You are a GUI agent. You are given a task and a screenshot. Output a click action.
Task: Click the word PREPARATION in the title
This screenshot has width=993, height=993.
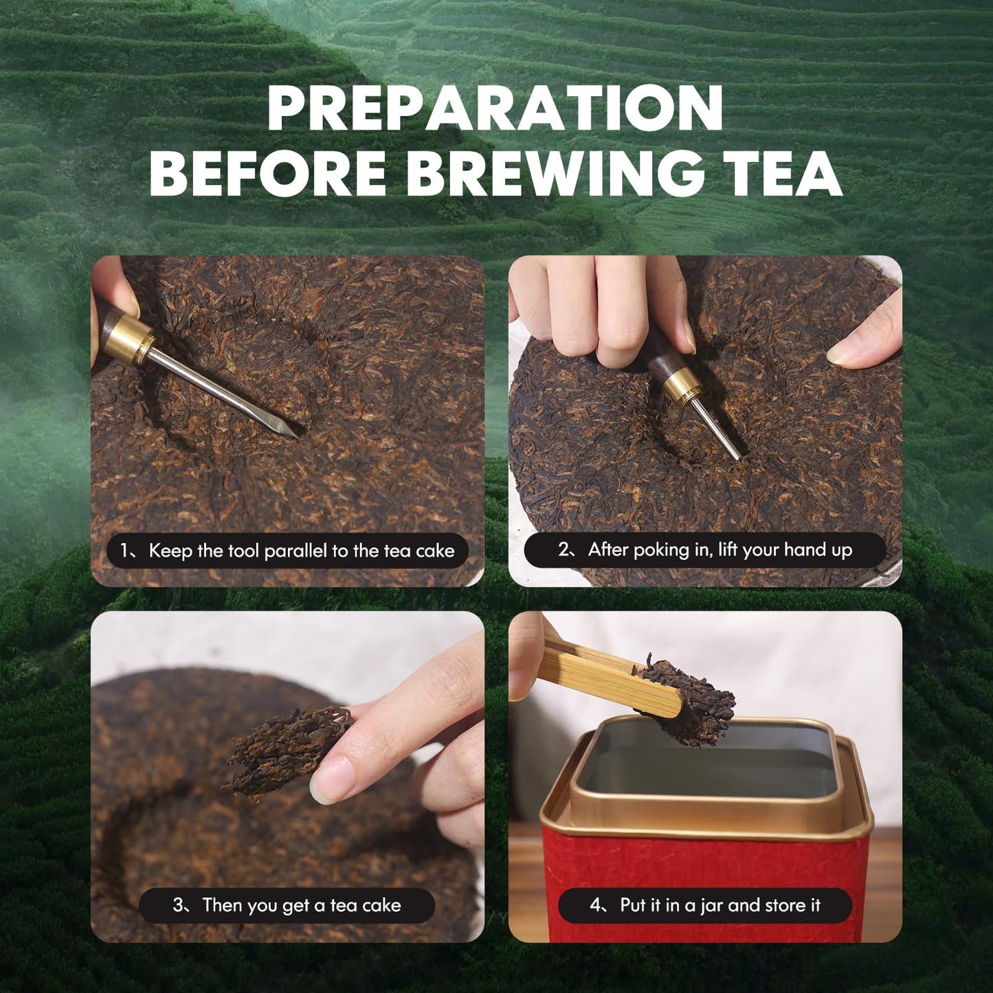tap(495, 109)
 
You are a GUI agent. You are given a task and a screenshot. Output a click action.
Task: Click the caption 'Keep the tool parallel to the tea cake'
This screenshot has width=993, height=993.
tap(288, 550)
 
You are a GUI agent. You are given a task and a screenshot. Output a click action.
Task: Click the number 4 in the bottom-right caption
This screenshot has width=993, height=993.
tap(595, 905)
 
